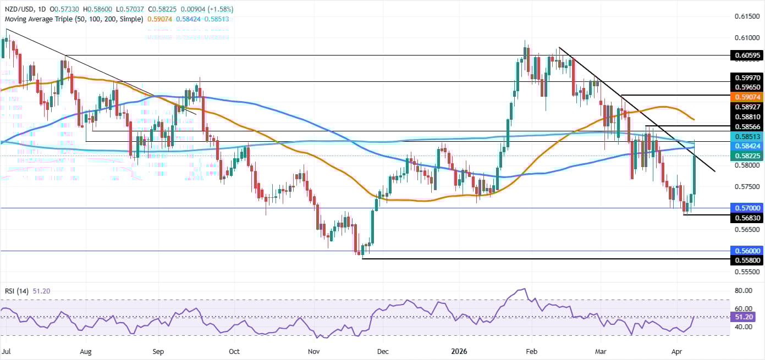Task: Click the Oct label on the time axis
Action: [234, 350]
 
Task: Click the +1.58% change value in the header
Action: [219, 9]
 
